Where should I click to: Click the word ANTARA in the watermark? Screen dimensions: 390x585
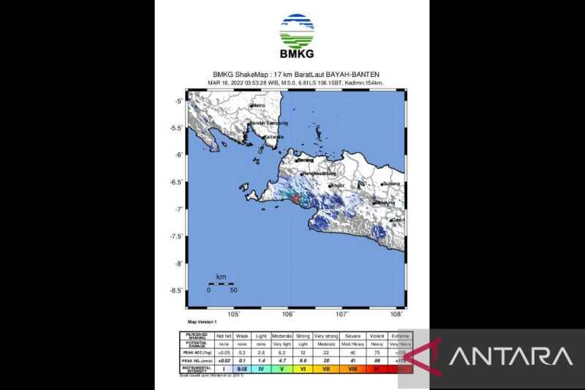[510, 357]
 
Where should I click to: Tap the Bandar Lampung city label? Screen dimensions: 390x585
[269, 123]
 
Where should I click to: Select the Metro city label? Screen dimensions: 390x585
[257, 106]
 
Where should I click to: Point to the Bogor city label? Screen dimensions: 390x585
[338, 187]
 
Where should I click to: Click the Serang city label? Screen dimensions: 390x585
[305, 159]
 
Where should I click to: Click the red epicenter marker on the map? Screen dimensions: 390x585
[293, 198]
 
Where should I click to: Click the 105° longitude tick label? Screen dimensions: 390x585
[234, 314]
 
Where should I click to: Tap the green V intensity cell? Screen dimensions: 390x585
[282, 370]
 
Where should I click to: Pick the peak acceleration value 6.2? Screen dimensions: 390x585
[282, 353]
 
